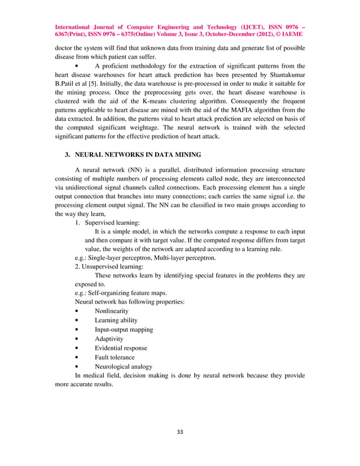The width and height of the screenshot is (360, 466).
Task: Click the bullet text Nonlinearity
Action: click(x=112, y=311)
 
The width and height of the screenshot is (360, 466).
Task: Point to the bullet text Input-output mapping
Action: click(x=124, y=329)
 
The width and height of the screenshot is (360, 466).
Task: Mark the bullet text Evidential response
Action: click(x=121, y=348)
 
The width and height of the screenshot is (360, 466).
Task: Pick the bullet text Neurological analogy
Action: click(x=124, y=366)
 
